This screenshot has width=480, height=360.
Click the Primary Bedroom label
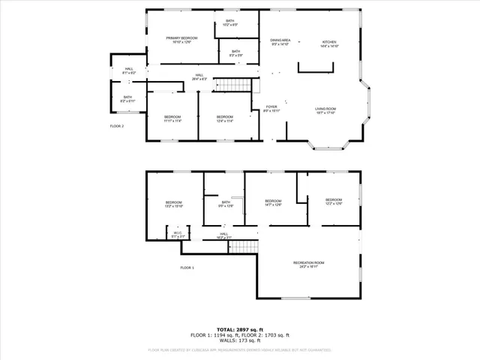(181, 40)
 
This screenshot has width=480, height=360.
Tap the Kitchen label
(329, 43)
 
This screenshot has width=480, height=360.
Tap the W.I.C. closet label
(178, 235)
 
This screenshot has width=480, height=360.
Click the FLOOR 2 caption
(117, 126)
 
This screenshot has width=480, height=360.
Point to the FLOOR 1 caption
(187, 268)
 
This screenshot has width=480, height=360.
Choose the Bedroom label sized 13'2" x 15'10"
(174, 204)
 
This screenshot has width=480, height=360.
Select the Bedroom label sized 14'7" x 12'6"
(273, 202)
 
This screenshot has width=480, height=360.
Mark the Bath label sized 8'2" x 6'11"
(127, 99)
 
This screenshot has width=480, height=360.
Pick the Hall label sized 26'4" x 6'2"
(199, 76)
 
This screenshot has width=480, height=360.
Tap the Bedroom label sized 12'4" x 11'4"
(225, 118)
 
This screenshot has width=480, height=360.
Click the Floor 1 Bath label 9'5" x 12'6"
(226, 203)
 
